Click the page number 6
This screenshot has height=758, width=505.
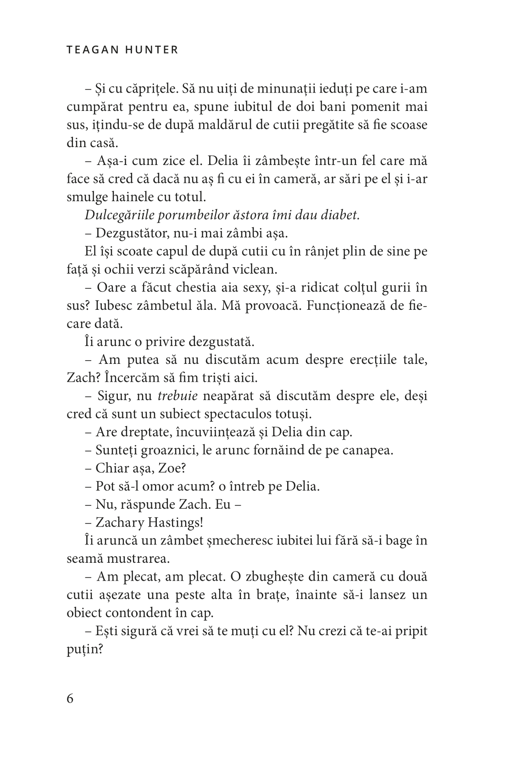tap(70, 699)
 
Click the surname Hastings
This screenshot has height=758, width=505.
tap(175, 522)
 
